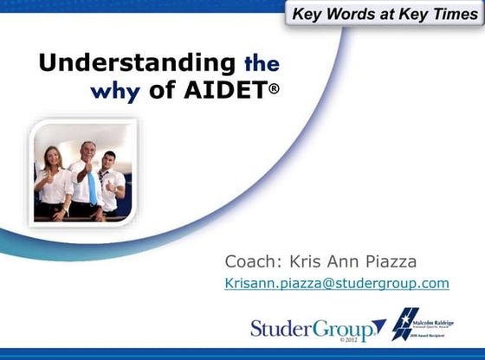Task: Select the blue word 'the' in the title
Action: [262, 63]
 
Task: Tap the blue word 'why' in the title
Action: [115, 90]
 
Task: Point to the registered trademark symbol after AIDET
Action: [274, 87]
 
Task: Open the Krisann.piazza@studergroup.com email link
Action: [336, 283]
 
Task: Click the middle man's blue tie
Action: [91, 185]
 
